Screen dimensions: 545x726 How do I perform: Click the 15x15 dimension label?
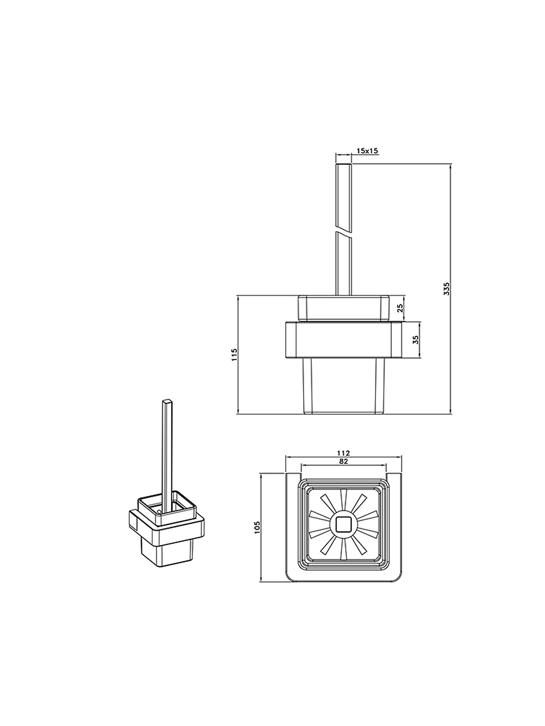click(367, 151)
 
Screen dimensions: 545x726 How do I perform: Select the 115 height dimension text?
click(234, 355)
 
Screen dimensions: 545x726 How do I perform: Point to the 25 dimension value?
click(400, 308)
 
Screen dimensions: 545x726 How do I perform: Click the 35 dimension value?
click(416, 339)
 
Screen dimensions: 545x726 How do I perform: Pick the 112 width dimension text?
click(343, 453)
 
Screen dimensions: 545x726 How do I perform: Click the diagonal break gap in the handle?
click(343, 228)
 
